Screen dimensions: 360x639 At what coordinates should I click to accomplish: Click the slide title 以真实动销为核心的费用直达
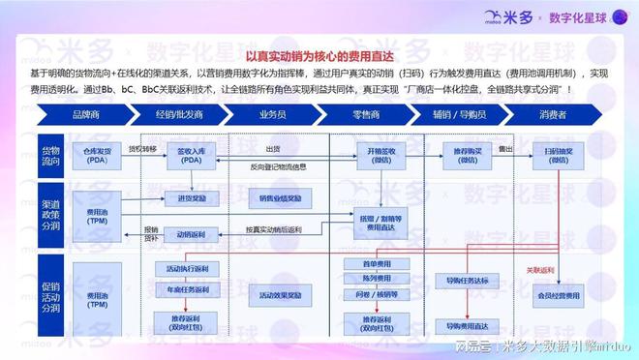[x=319, y=59]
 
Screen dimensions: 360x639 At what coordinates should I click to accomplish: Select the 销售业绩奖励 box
[x=281, y=197]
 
